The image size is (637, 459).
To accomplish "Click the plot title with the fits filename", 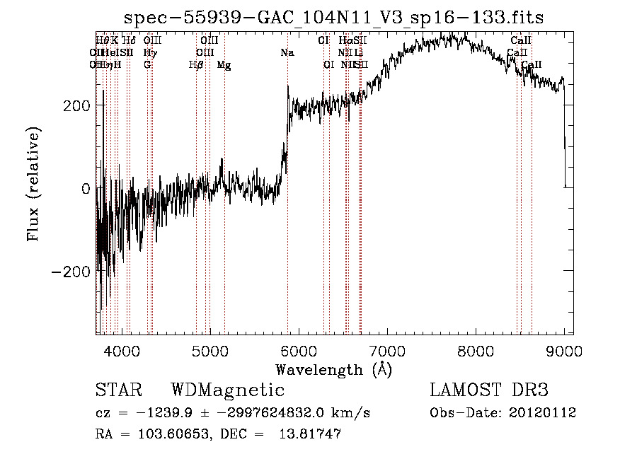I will point(333,18).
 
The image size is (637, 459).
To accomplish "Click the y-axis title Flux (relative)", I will point(34,184).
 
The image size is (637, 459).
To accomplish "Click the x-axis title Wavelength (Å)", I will point(333,369).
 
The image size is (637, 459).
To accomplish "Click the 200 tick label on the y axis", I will point(76,105).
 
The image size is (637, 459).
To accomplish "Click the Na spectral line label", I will point(287,53).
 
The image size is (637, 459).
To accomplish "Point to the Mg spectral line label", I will point(224,65).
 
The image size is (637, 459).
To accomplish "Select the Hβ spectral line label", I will point(196,65).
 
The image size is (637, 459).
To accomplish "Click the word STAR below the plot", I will point(118,390).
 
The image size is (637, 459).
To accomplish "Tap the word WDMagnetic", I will point(228,390).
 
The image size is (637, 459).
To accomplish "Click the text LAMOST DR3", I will point(489,390).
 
